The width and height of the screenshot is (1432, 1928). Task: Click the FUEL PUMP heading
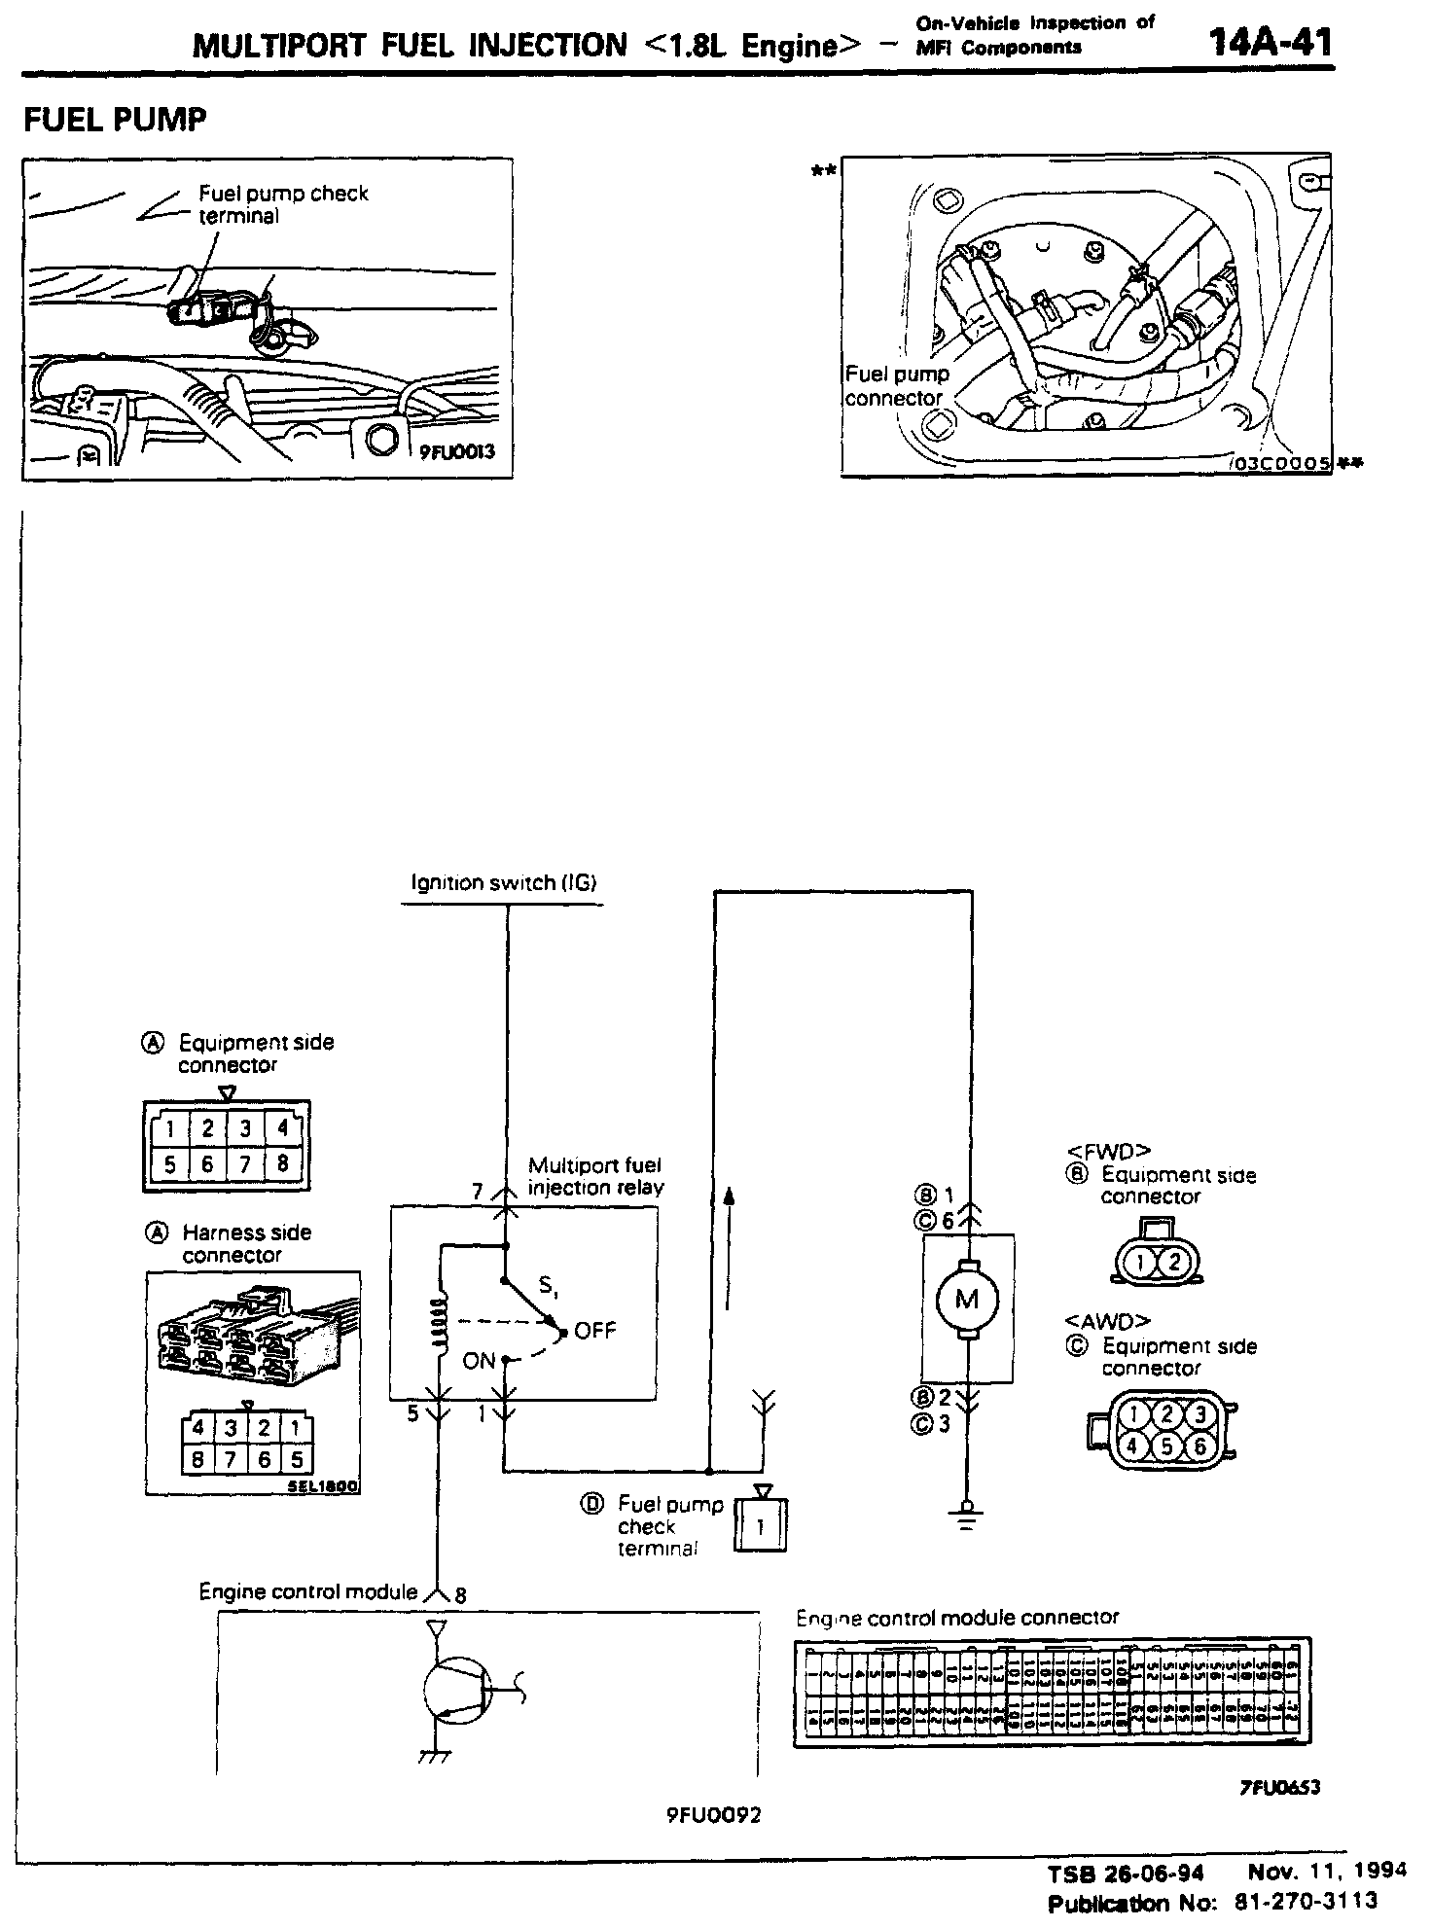115,120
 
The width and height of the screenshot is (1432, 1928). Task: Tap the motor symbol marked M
966,1299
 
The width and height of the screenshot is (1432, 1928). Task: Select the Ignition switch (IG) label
503,883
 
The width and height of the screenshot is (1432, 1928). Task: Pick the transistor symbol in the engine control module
457,1693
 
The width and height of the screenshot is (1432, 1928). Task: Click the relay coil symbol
441,1324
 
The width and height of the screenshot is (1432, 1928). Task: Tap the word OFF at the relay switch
595,1330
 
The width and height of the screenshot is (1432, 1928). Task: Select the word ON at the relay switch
479,1361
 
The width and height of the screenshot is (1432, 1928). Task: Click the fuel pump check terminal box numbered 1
760,1526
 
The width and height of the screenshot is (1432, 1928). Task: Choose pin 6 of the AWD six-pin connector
1199,1446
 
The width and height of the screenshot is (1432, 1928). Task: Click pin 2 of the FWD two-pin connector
1173,1263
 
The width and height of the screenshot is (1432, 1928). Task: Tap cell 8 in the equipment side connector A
282,1163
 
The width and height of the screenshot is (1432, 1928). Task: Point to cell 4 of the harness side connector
198,1428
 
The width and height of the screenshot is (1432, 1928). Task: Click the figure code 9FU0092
713,1815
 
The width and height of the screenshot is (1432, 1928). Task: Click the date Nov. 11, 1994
1327,1871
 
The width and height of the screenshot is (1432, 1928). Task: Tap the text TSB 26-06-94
1126,1874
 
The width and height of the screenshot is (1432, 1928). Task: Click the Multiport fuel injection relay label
595,1176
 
